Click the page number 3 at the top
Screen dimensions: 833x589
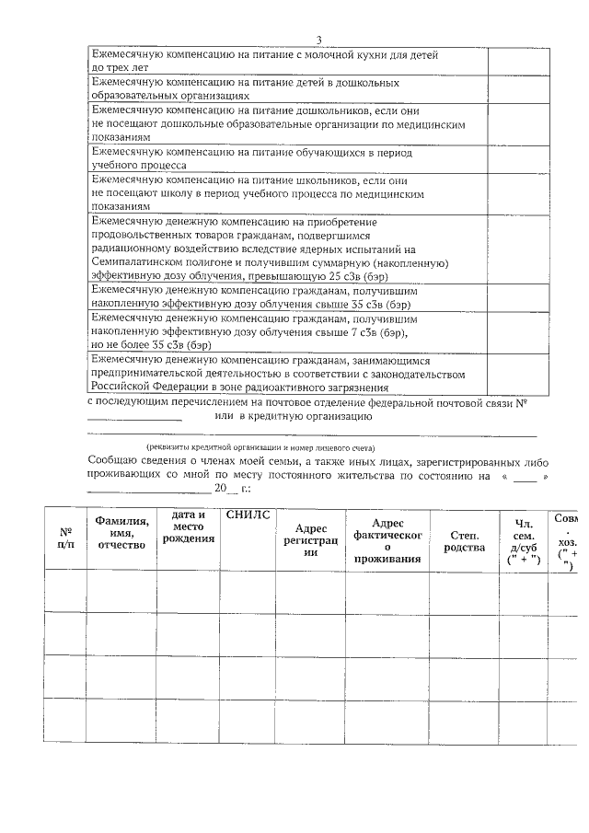(318, 39)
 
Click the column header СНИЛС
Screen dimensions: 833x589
(248, 515)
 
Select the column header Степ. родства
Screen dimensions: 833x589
(463, 539)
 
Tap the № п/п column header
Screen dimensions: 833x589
(66, 538)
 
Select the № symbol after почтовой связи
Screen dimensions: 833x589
(521, 402)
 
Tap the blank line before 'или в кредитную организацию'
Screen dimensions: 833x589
(134, 419)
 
